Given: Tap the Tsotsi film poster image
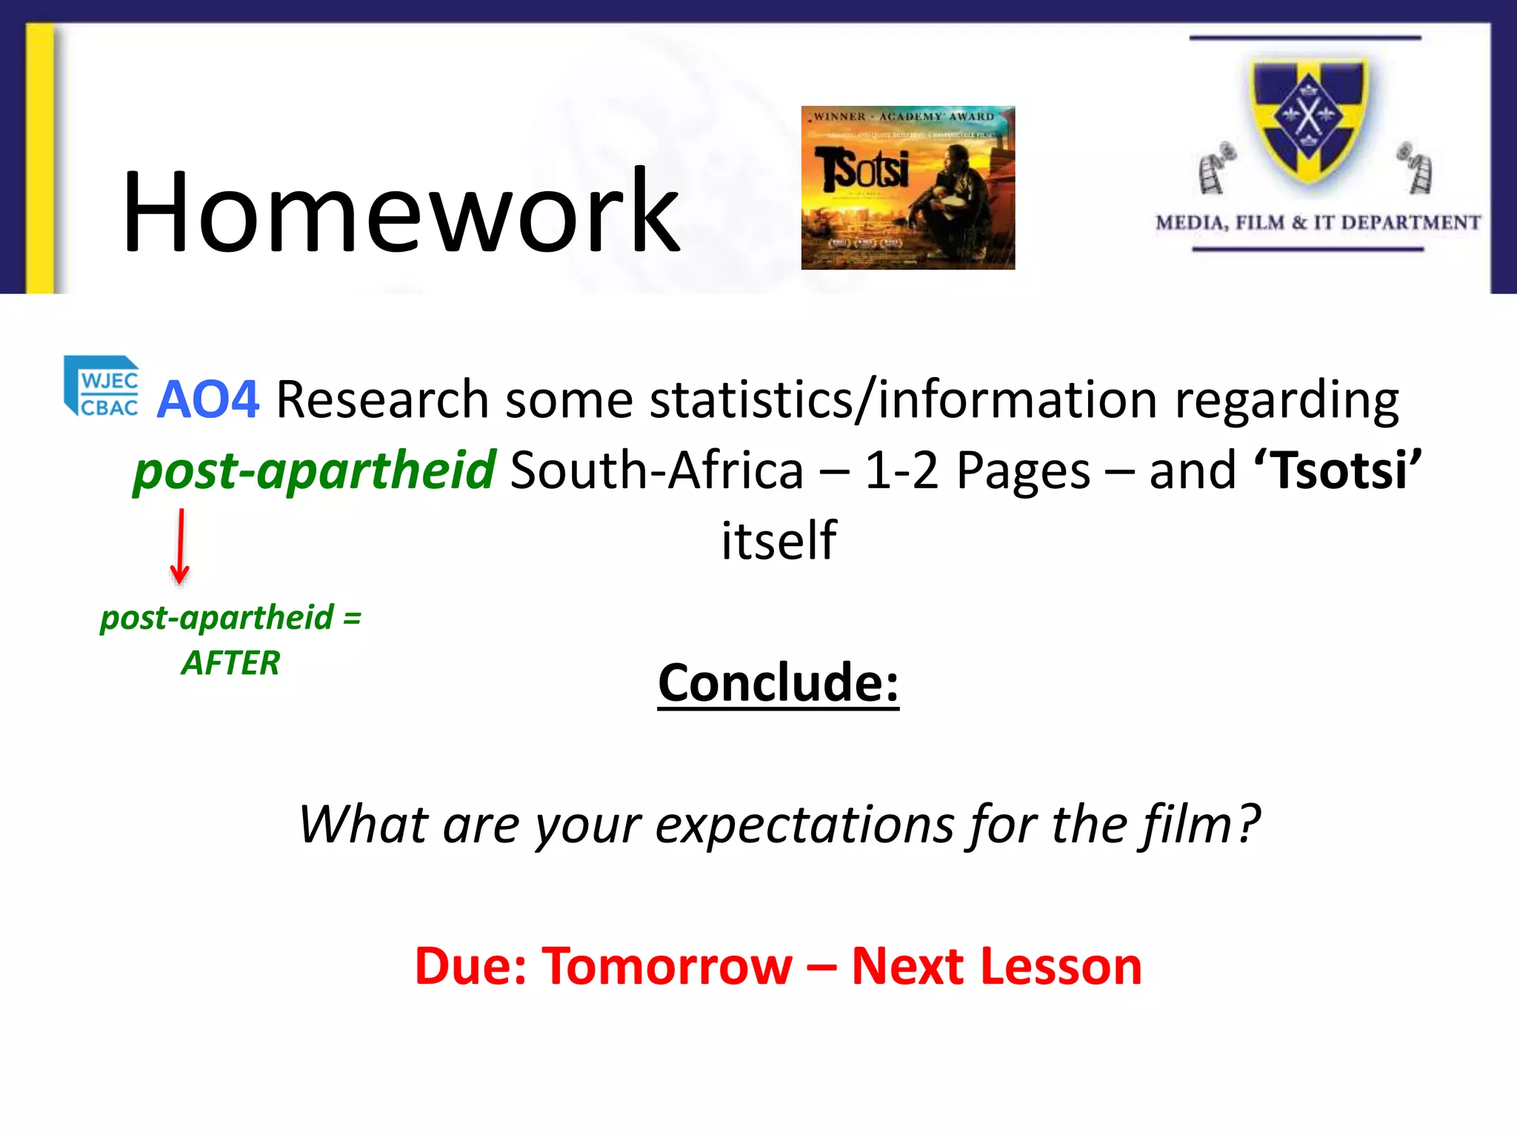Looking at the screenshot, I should tap(907, 187).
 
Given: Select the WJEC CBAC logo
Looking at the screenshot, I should tap(102, 387).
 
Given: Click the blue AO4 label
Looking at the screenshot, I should tap(208, 400).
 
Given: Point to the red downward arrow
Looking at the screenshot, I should tap(180, 547).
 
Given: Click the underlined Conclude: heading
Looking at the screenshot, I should tap(778, 682).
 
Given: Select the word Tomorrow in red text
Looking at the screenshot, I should tap(667, 966).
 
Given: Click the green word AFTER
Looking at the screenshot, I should tap(230, 662).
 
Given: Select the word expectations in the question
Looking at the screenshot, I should tap(804, 825).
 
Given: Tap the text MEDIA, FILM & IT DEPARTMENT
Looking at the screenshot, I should tap(1318, 223).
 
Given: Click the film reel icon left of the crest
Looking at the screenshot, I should tap(1216, 168).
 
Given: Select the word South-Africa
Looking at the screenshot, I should tap(657, 470).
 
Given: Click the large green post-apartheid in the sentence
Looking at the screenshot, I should tap(314, 470).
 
